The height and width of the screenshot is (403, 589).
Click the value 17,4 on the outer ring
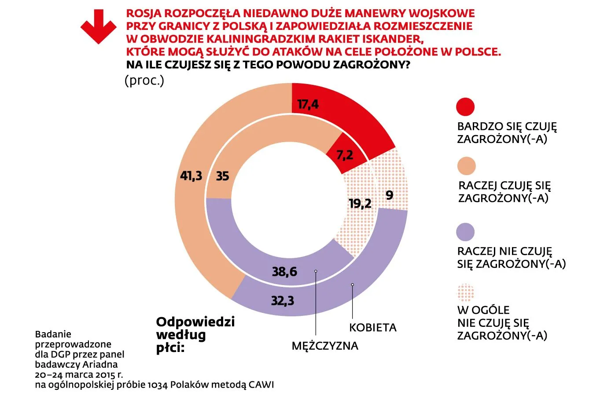pos(308,105)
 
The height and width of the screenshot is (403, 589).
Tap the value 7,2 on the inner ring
pos(345,155)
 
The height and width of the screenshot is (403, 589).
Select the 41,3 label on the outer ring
pos(191,176)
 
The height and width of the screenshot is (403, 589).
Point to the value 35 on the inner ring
pos(222,176)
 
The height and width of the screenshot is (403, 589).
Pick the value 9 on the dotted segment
pos(389,195)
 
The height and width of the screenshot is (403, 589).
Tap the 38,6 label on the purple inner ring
pos(284,272)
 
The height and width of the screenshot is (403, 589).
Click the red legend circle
pos(466,107)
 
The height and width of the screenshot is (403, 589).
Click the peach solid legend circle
pos(466,166)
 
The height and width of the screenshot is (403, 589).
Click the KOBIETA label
pos(373,328)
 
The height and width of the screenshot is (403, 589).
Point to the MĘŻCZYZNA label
pos(325,346)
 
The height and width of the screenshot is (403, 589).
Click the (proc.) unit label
pos(144,81)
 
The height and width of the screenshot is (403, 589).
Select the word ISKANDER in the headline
pos(389,38)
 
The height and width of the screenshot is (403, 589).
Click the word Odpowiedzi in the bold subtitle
pos(195,322)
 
